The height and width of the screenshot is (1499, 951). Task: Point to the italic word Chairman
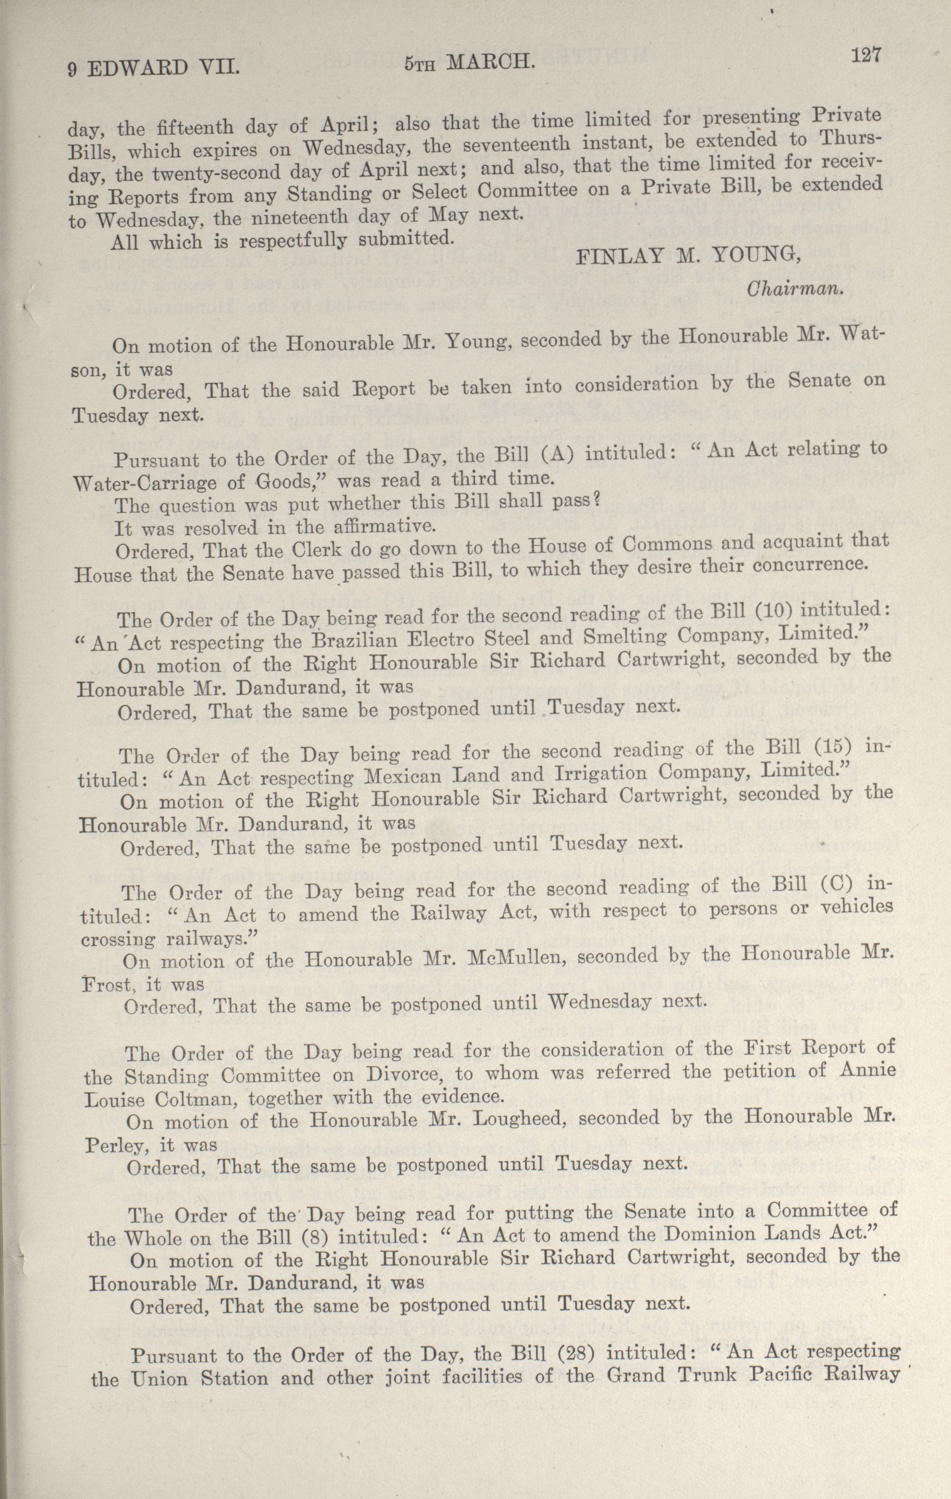click(x=794, y=289)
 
